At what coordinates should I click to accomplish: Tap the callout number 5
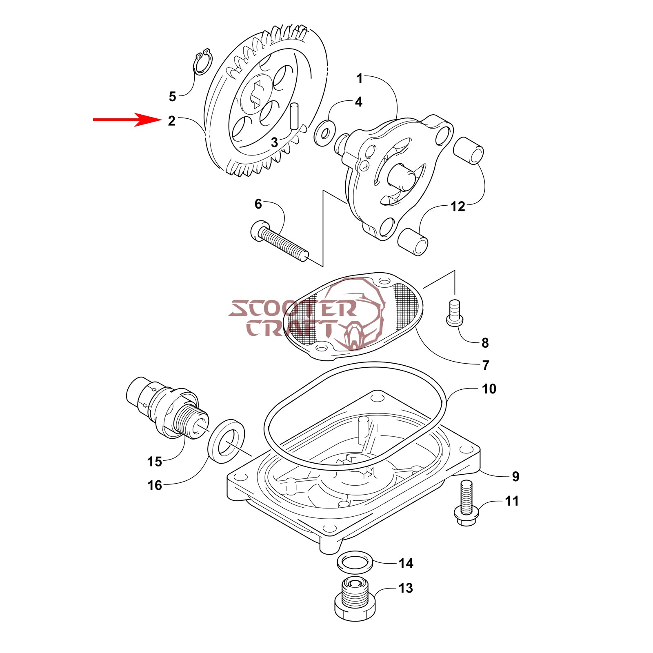(x=172, y=97)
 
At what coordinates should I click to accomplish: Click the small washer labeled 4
(x=325, y=133)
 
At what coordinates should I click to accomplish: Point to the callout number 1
(x=359, y=78)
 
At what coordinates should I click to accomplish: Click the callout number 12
(x=458, y=207)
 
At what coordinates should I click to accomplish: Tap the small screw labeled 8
(x=455, y=313)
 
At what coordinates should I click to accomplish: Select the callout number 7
(x=485, y=365)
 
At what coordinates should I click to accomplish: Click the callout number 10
(x=489, y=389)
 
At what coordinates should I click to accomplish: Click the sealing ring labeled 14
(x=355, y=562)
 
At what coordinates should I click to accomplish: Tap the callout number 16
(x=155, y=485)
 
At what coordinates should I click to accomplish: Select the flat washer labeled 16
(x=227, y=440)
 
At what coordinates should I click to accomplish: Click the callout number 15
(x=155, y=462)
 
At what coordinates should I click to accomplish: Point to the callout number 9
(x=515, y=476)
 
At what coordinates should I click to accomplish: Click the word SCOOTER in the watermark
(x=292, y=309)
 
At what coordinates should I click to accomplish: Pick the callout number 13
(x=405, y=588)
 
